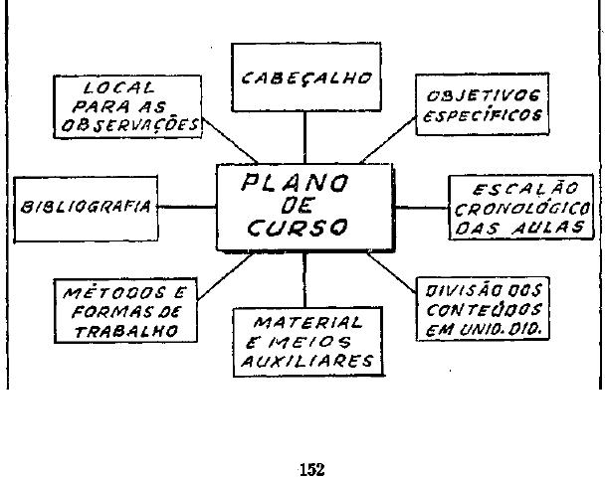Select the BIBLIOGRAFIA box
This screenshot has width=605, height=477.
[85, 208]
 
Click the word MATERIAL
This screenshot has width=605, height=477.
[307, 323]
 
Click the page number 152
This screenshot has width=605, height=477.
[311, 468]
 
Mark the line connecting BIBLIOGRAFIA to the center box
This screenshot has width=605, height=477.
[186, 208]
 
